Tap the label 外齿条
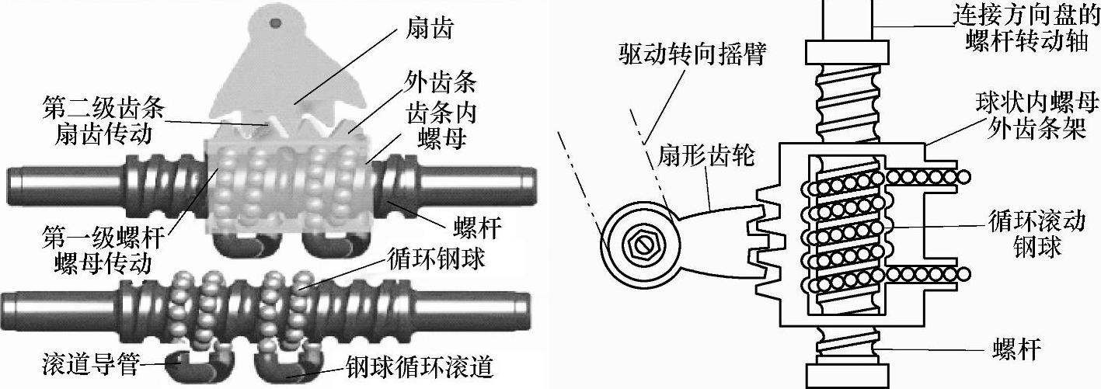[x=441, y=82]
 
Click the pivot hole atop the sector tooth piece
[x=274, y=22]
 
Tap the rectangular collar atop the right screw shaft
[x=847, y=52]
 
